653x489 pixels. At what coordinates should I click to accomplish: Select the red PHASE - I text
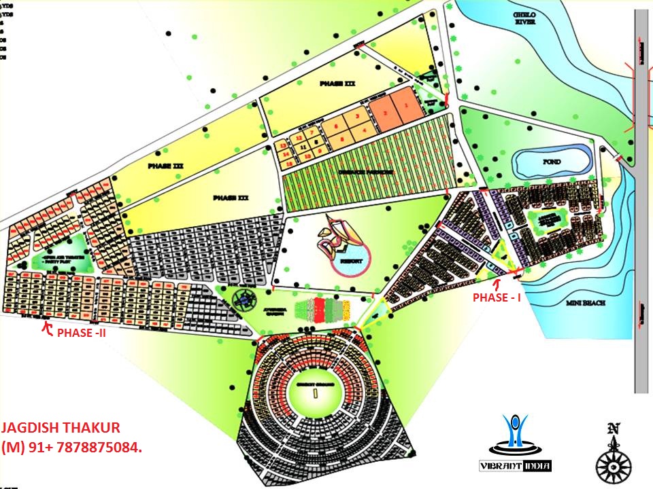tap(497, 297)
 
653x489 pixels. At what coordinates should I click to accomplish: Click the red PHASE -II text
tap(81, 333)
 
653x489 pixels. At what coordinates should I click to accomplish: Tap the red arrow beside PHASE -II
tap(47, 329)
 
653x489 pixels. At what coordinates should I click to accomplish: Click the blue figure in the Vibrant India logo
tap(514, 431)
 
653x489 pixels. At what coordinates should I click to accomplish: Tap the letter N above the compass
tap(614, 429)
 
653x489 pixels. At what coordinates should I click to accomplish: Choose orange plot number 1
tap(407, 106)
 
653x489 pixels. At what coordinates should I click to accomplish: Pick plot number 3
tap(356, 117)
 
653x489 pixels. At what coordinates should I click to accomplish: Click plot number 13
tap(282, 146)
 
